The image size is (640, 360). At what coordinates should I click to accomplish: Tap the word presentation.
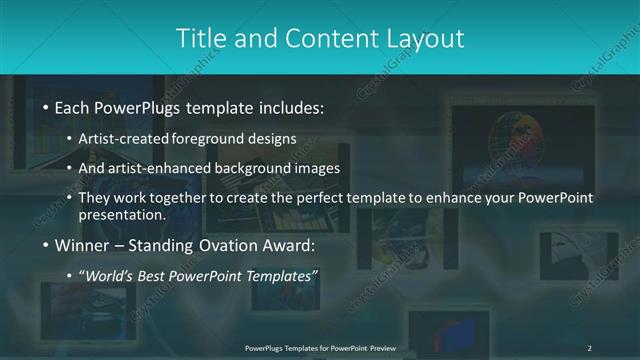(x=122, y=214)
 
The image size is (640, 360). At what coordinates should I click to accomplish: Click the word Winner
(x=81, y=245)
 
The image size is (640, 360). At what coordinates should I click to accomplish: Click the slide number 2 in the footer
(x=589, y=347)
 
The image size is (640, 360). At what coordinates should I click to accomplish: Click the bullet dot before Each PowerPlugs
(x=45, y=107)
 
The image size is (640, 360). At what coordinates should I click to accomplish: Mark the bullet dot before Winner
(x=45, y=245)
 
